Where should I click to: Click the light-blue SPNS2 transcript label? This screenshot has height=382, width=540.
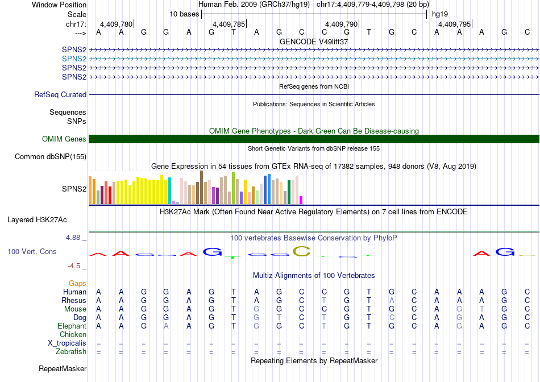[74, 59]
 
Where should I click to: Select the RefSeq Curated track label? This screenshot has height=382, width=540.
[60, 95]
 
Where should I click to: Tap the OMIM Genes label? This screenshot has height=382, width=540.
[64, 139]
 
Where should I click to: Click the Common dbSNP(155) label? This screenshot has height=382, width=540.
[51, 157]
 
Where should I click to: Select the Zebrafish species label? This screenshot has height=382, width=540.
[70, 352]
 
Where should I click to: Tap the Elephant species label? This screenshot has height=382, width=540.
[72, 326]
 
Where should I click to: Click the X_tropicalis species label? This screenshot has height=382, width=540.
[67, 343]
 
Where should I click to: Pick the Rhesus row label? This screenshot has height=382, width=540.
[74, 301]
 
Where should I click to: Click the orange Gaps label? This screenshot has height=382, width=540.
[77, 283]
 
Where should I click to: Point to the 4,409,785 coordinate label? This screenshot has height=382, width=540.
[229, 24]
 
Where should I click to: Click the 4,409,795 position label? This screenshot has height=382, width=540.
[454, 24]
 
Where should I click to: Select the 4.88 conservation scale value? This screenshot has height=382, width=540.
[73, 238]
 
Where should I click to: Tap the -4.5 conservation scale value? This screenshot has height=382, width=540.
[74, 266]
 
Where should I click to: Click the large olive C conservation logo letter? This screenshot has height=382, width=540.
[301, 251]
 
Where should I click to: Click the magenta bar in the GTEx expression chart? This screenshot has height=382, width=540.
[301, 200]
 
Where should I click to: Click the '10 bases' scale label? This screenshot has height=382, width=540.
[184, 14]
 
